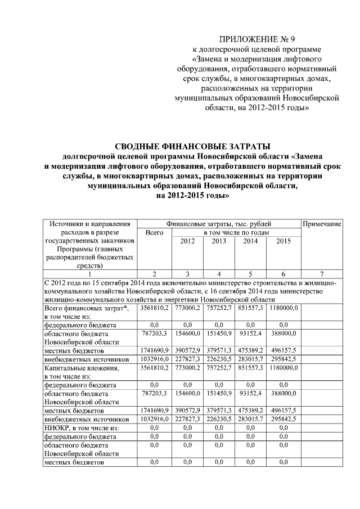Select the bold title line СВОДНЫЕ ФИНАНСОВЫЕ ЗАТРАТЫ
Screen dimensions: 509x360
point(185,146)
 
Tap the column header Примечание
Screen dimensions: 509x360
point(322,224)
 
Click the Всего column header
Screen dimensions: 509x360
point(154,232)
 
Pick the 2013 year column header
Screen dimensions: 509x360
point(220,241)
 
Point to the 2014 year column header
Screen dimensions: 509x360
point(251,241)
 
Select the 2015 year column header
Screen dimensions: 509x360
point(283,241)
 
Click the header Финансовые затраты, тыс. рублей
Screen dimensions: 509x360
point(219,224)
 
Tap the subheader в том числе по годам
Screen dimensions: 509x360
point(236,232)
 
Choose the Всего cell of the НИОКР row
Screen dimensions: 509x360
point(154,428)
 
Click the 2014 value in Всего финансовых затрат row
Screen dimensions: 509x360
point(251,309)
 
